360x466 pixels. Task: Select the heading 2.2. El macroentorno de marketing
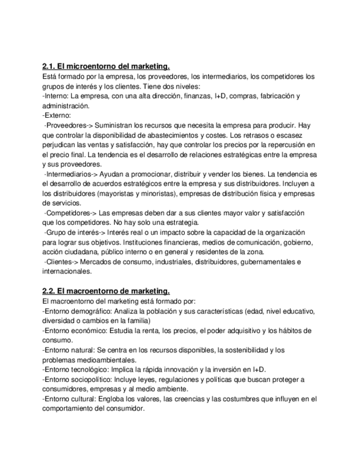point(106,291)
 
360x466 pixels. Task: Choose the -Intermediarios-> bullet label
point(68,174)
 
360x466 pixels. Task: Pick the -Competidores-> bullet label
point(69,213)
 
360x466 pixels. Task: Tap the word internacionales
point(67,271)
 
